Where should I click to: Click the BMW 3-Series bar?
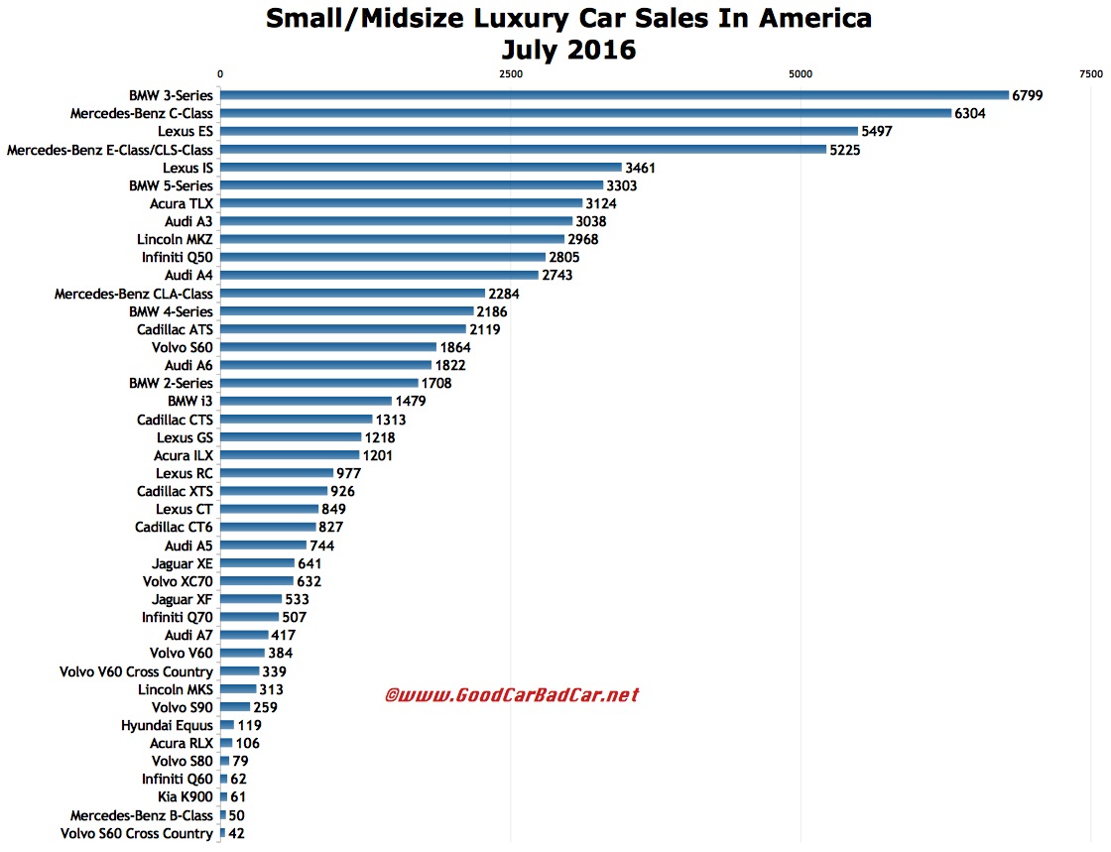click(614, 95)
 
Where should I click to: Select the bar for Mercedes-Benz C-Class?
click(585, 113)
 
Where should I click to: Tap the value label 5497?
click(878, 131)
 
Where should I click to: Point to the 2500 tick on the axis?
click(510, 74)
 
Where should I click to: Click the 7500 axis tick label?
click(1090, 74)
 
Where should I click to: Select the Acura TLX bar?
click(401, 203)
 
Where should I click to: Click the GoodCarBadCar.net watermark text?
click(511, 695)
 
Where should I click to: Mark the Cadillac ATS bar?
click(342, 329)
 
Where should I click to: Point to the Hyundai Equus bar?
click(227, 725)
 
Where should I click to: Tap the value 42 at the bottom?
click(236, 833)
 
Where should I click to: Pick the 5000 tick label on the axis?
click(801, 74)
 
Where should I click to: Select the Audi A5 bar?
click(263, 546)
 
